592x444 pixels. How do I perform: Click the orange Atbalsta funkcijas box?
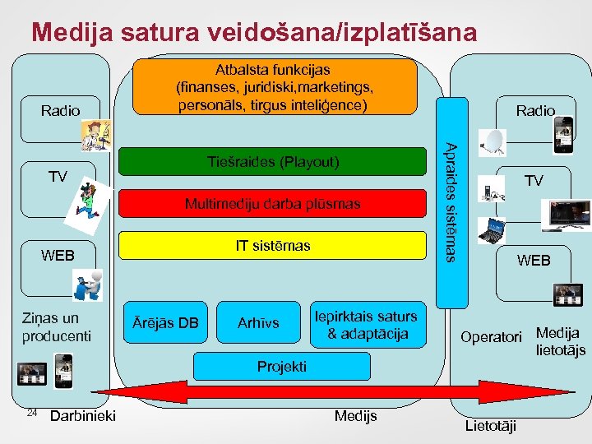pyautogui.click(x=275, y=86)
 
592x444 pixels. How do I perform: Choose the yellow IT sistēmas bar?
pyautogui.click(x=274, y=245)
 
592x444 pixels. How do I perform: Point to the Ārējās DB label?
pyautogui.click(x=165, y=323)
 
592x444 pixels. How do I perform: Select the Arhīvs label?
pyautogui.click(x=257, y=323)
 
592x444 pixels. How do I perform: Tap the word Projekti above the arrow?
pyautogui.click(x=281, y=366)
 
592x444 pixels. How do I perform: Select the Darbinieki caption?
pyautogui.click(x=82, y=416)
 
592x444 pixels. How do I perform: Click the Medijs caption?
pyautogui.click(x=355, y=416)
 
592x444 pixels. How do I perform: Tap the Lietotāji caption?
pyautogui.click(x=492, y=425)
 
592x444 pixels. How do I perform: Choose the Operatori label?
pyautogui.click(x=491, y=337)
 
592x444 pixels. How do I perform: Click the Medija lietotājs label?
pyautogui.click(x=560, y=341)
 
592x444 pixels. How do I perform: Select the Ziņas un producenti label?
pyautogui.click(x=51, y=327)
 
